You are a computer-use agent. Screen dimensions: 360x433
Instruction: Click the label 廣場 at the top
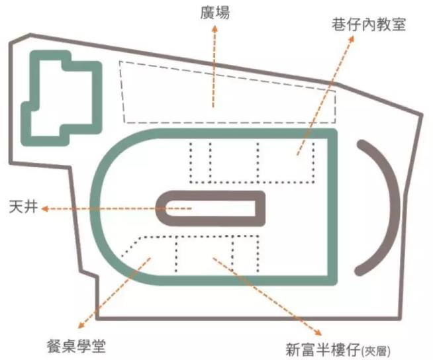213,12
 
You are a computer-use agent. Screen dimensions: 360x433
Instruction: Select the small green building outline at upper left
62,99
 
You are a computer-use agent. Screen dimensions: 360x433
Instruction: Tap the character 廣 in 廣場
205,12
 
